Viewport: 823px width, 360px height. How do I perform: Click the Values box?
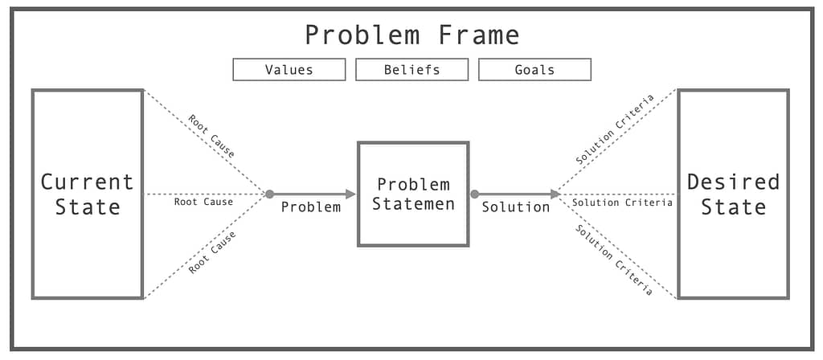click(289, 69)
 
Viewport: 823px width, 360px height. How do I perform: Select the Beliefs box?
click(412, 69)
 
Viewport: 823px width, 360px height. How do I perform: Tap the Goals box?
click(534, 69)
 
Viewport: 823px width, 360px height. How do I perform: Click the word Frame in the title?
click(479, 35)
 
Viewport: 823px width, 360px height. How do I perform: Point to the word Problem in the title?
click(362, 35)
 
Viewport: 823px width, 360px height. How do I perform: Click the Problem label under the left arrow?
click(311, 207)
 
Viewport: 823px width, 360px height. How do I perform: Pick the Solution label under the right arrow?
click(516, 207)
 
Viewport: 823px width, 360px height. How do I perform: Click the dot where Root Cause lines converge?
click(269, 194)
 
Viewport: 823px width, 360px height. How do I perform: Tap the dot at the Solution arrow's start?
click(474, 194)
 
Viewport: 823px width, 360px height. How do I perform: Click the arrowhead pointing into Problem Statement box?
click(350, 194)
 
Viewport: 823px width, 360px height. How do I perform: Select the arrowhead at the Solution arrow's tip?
click(555, 194)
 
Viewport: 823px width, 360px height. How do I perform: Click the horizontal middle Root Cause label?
click(203, 202)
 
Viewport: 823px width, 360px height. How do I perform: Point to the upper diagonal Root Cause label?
click(211, 136)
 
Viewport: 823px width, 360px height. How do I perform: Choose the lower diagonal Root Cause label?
click(212, 252)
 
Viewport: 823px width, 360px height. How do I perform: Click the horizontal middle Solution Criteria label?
click(623, 202)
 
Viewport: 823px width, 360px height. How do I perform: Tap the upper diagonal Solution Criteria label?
click(615, 129)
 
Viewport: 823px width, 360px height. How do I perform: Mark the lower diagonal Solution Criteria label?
click(614, 260)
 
